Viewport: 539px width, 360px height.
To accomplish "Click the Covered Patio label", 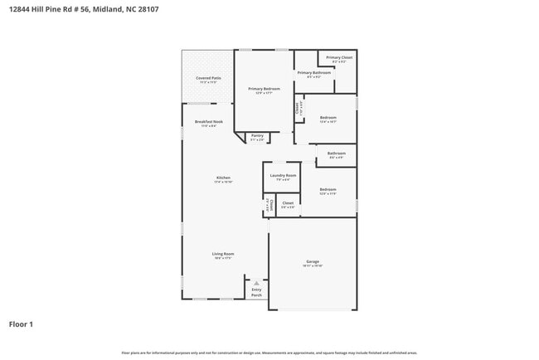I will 206,79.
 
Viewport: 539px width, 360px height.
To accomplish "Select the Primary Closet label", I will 339,57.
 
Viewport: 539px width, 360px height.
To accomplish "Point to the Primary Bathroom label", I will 314,73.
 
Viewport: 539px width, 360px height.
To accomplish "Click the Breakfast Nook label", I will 209,122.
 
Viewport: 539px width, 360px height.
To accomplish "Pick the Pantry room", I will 257,136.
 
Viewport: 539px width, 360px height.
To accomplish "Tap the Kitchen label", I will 223,178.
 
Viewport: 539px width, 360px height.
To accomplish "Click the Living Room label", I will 223,254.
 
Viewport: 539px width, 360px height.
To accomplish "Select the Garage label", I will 313,261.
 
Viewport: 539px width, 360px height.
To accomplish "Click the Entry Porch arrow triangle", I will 256,281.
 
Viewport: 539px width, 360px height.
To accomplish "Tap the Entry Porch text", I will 256,292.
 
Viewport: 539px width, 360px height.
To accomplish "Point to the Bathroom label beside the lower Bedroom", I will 336,153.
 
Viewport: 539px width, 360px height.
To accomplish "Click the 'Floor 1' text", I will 21,324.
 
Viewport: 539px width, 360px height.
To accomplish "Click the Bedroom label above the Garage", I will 328,190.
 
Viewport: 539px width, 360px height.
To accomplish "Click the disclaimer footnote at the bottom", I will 269,353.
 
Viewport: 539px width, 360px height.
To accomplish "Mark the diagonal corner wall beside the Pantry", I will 239,136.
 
